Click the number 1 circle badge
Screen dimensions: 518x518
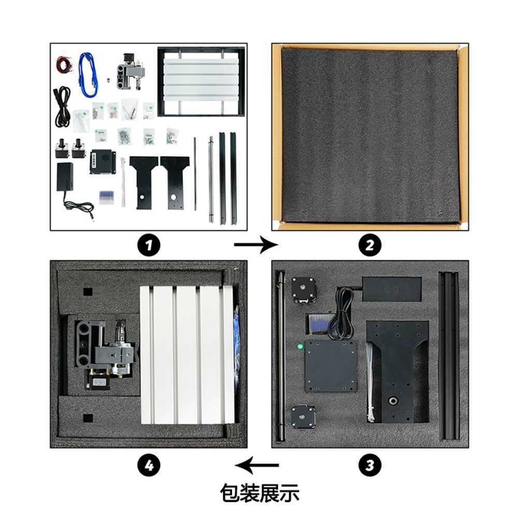[x=149, y=245]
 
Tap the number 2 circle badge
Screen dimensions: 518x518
[x=370, y=245]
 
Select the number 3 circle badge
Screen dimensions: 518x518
[x=370, y=466]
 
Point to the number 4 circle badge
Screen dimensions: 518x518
[x=149, y=466]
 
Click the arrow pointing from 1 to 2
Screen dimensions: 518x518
[x=256, y=245]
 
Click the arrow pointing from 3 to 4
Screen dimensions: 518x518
[x=256, y=465]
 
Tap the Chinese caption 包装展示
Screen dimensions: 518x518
[x=260, y=494]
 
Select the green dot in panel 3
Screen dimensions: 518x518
[x=300, y=347]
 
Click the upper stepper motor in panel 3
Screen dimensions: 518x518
[x=303, y=290]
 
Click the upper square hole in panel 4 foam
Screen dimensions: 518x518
[x=88, y=292]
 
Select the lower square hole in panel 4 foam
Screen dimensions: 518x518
[x=88, y=418]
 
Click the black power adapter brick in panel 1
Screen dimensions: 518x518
[x=65, y=177]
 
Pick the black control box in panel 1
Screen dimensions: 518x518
[x=103, y=162]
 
